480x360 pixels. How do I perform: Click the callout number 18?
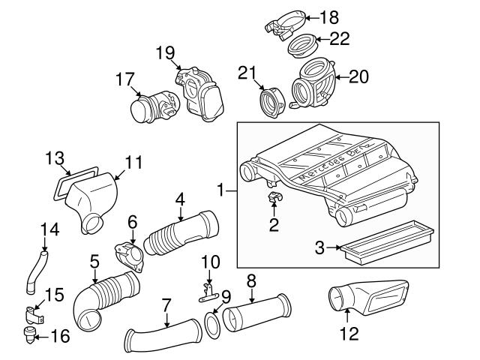(330, 16)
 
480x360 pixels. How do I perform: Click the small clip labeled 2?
(274, 199)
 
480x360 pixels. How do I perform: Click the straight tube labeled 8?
(256, 311)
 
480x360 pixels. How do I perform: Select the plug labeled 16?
(31, 333)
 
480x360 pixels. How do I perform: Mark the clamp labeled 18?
(286, 23)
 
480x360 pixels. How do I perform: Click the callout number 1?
(222, 192)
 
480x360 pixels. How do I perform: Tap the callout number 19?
(164, 52)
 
